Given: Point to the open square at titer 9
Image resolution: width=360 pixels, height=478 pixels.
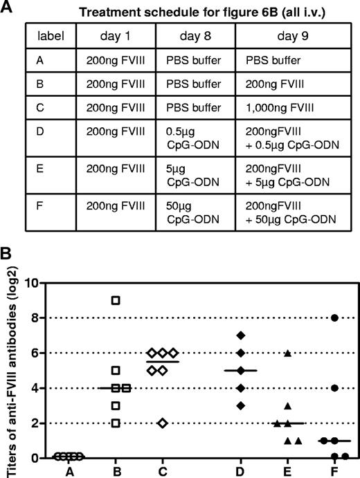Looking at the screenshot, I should pos(116,300).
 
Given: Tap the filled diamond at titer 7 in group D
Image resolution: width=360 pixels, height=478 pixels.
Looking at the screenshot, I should pos(241,335).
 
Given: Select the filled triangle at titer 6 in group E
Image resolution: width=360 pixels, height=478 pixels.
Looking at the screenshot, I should pos(287,353).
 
